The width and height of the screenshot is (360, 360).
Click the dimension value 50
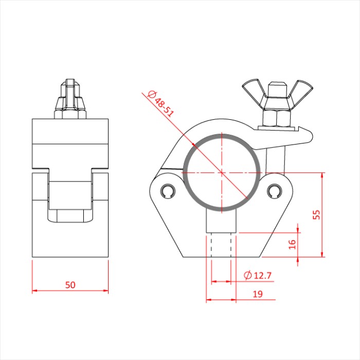pyautogui.click(x=70, y=285)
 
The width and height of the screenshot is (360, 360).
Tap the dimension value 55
pyautogui.click(x=317, y=214)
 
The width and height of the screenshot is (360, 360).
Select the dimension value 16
pyautogui.click(x=292, y=244)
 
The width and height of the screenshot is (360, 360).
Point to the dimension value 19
pyautogui.click(x=258, y=294)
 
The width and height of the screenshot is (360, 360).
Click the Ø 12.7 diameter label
pyautogui.click(x=258, y=275)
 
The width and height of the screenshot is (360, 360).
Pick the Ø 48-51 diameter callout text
pyautogui.click(x=160, y=104)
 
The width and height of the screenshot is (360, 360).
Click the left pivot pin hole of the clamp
pyautogui.click(x=168, y=191)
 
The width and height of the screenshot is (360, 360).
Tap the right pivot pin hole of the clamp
pyautogui.click(x=274, y=191)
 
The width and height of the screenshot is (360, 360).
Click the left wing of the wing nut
pyautogui.click(x=253, y=92)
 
